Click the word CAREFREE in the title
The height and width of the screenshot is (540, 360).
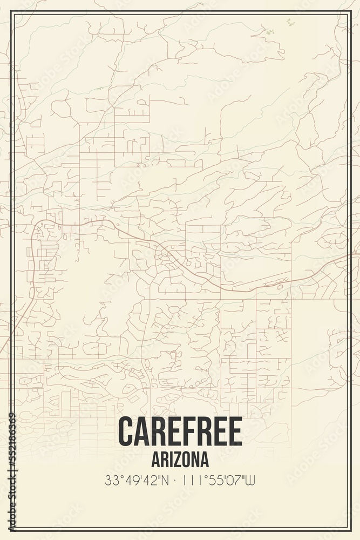point(180,431)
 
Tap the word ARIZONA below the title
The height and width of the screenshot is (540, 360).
point(180,459)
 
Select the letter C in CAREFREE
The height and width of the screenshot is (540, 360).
point(125,431)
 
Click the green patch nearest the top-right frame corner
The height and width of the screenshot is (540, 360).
point(290,22)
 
